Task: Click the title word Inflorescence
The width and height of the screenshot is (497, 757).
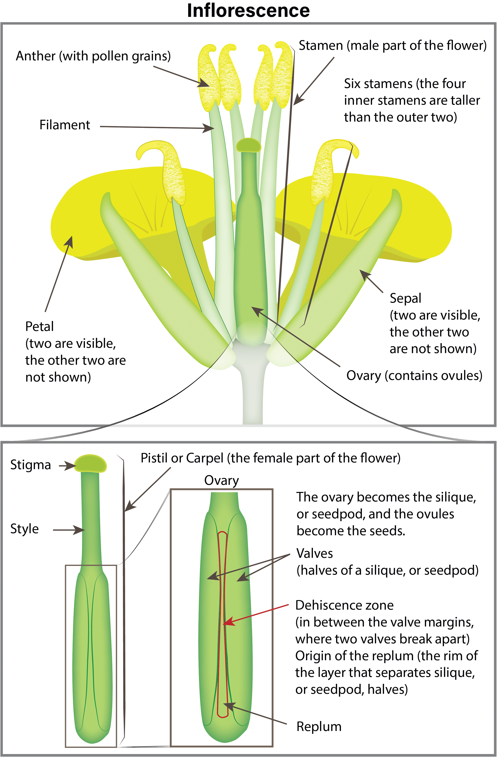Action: [248, 11]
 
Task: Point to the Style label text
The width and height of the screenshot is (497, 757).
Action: [25, 529]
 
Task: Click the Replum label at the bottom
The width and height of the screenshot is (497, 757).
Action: [319, 727]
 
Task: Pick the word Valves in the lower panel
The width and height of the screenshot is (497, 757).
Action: [315, 554]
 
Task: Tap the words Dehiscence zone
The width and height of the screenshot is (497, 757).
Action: [344, 605]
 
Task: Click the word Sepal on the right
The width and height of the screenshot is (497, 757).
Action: [405, 299]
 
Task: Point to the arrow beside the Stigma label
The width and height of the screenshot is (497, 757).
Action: [67, 466]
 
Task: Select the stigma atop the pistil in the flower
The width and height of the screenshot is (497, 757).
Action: [248, 145]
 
